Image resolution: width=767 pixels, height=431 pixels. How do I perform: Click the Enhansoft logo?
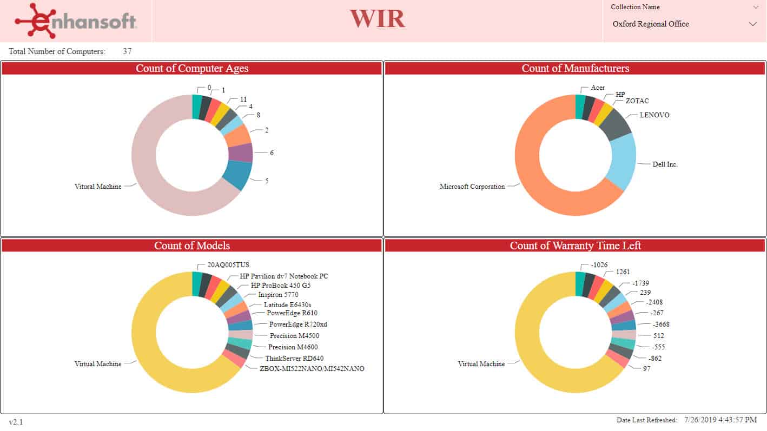point(76,21)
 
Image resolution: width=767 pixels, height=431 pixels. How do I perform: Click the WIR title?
point(377,18)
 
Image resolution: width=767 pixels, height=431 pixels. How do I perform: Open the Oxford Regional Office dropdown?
point(752,24)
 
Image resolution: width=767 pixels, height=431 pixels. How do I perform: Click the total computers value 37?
point(127,51)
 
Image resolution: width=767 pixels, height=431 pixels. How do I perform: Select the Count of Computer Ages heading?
point(192,69)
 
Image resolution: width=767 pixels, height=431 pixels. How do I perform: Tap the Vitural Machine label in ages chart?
point(98,187)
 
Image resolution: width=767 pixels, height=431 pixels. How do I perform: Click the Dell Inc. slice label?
point(665,164)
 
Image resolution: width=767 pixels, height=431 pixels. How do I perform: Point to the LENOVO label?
point(654,115)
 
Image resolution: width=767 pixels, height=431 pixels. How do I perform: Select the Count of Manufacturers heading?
point(575,69)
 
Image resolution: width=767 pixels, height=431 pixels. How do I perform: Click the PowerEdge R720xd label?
point(298,324)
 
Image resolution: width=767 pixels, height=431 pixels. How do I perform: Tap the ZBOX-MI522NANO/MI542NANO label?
point(312,369)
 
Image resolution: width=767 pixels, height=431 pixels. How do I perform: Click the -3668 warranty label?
point(661,324)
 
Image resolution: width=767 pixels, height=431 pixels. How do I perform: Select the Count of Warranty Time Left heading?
point(575,246)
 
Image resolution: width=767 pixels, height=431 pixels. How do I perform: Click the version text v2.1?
point(16,422)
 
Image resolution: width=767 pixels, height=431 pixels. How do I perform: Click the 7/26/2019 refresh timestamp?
point(720,420)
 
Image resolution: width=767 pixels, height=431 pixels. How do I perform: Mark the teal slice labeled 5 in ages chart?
point(238,174)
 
